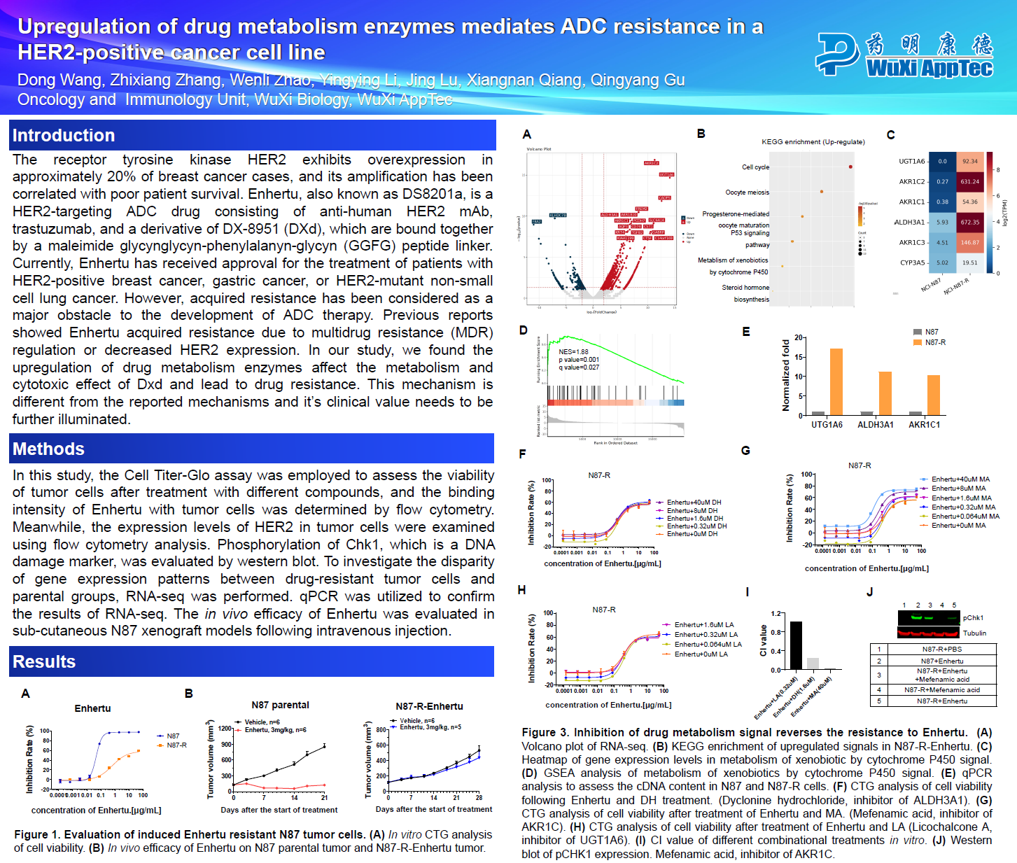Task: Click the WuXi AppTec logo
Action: (x=904, y=54)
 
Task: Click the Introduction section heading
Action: (x=64, y=136)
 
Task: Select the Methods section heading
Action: (x=48, y=449)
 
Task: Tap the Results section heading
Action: (x=44, y=662)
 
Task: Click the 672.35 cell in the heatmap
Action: (x=970, y=223)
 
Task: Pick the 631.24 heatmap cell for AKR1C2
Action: (x=970, y=182)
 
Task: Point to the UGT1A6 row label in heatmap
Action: (x=911, y=162)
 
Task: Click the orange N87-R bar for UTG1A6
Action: (x=836, y=381)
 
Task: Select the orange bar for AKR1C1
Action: (x=933, y=395)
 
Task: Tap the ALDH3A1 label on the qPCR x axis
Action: (x=875, y=425)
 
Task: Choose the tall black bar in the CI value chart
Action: (x=796, y=645)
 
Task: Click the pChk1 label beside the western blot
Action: (x=973, y=618)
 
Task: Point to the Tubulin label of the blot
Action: (x=974, y=633)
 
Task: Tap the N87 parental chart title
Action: (x=280, y=706)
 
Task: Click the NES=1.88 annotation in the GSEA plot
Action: (x=573, y=352)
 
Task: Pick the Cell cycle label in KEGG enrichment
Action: (x=755, y=167)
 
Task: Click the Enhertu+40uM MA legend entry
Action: (x=960, y=479)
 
